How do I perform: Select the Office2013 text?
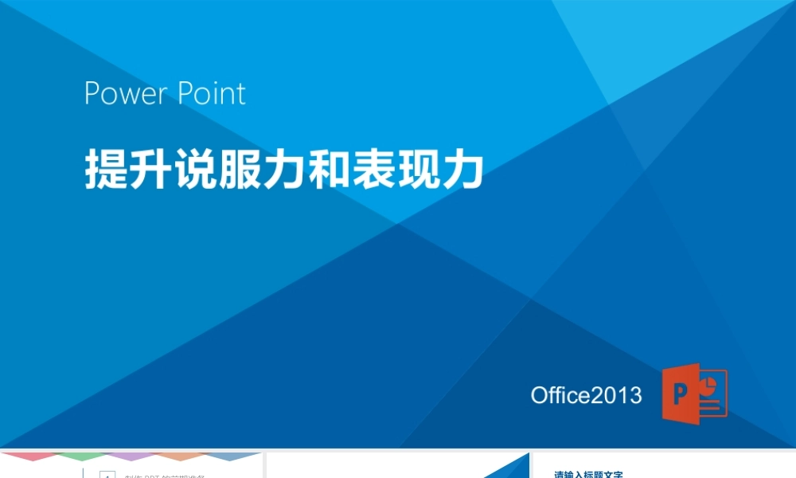pyautogui.click(x=586, y=395)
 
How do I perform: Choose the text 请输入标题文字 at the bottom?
pyautogui.click(x=588, y=475)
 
